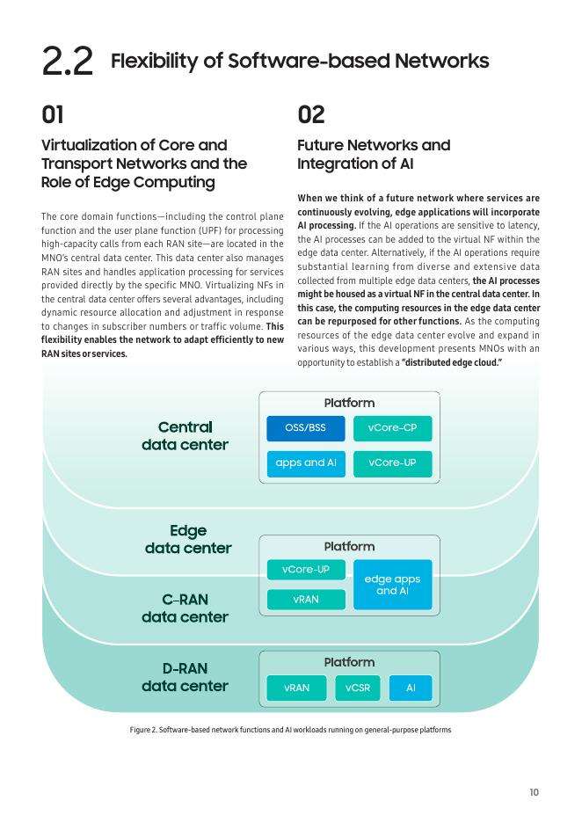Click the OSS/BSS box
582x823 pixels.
[305, 428]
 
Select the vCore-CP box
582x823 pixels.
[392, 428]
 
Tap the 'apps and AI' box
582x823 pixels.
[305, 462]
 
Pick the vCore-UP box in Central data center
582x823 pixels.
[392, 462]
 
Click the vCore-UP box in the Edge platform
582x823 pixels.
[305, 570]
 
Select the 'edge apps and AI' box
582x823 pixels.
[392, 585]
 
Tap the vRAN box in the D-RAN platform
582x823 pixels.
[296, 688]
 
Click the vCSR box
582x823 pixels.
[357, 688]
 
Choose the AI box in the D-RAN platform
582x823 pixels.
[410, 688]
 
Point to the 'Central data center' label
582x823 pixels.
[185, 436]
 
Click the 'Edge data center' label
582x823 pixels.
[188, 539]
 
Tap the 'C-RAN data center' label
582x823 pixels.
[185, 608]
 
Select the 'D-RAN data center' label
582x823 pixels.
[185, 677]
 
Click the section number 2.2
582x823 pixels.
[67, 62]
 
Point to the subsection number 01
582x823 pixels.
[53, 114]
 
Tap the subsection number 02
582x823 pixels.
[311, 114]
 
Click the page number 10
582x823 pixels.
[534, 792]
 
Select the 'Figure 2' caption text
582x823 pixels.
[290, 730]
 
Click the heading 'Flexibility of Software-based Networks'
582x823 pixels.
[300, 61]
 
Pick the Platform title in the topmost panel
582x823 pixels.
[349, 403]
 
